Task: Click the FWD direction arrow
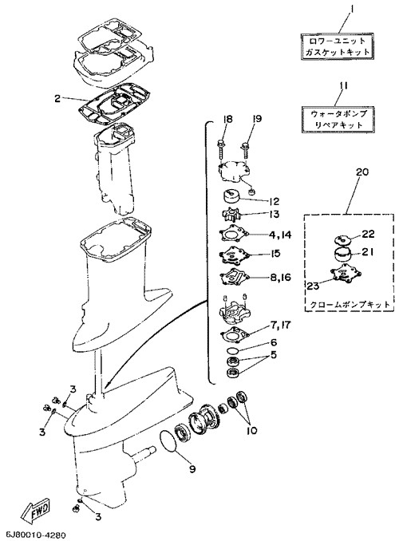click(x=35, y=511)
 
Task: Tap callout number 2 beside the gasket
click(x=57, y=98)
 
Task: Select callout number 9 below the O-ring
click(x=192, y=468)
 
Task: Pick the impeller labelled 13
click(x=230, y=215)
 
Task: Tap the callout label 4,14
click(x=280, y=235)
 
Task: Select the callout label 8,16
click(x=281, y=277)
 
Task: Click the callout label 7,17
click(x=280, y=325)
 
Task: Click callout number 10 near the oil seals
click(x=252, y=430)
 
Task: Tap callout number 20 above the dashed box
click(x=361, y=172)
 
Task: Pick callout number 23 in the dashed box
click(x=313, y=285)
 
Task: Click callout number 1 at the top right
click(x=352, y=7)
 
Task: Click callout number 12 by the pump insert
click(x=274, y=201)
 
